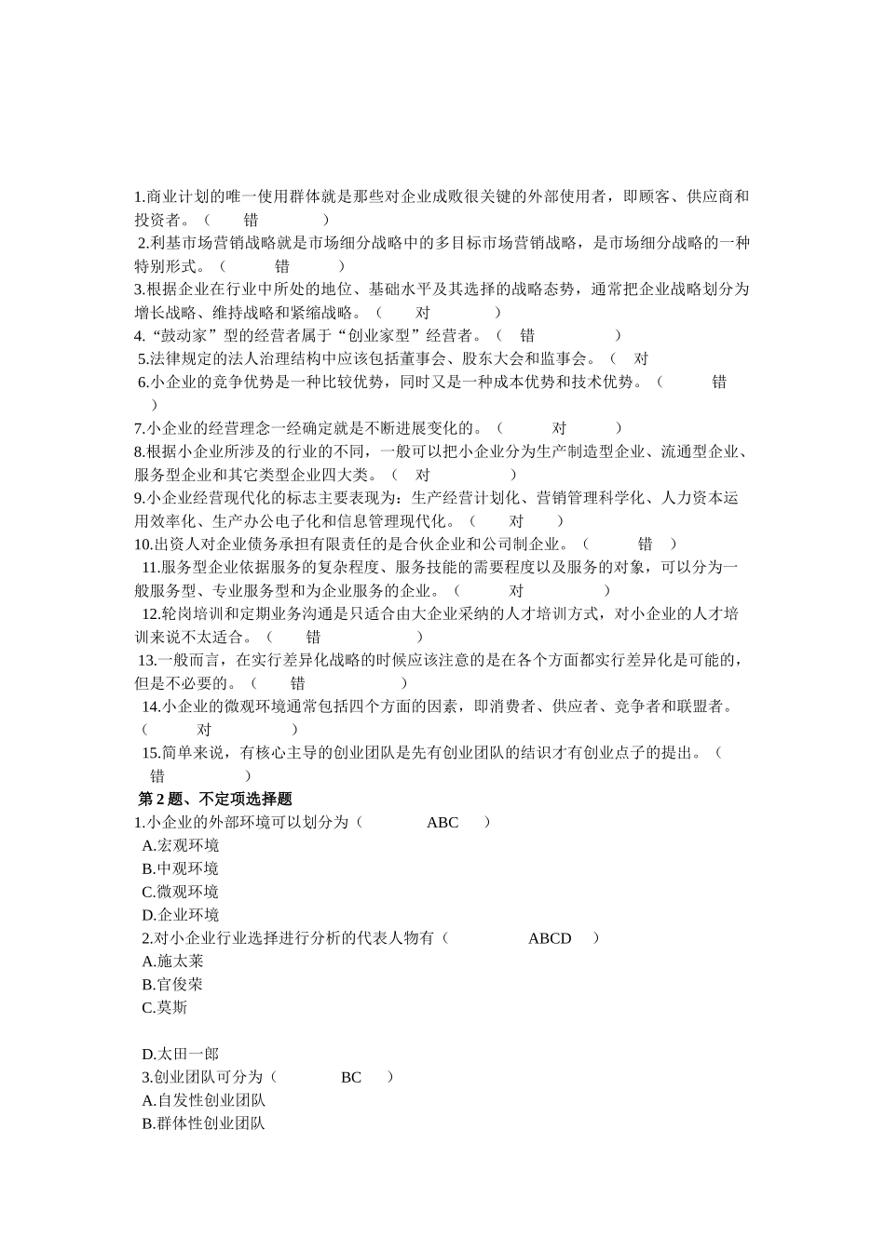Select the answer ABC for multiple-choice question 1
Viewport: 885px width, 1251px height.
(442, 822)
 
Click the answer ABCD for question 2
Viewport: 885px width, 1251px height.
(550, 938)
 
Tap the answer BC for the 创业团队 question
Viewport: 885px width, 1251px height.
(351, 1077)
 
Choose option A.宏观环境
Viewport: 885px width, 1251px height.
(181, 845)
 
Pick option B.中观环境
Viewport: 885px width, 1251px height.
(181, 868)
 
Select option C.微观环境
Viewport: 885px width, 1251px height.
(181, 892)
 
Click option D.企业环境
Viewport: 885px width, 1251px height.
(181, 915)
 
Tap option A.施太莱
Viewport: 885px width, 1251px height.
(173, 961)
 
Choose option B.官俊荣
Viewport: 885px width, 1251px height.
(173, 984)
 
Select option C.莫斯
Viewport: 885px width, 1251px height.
(165, 1007)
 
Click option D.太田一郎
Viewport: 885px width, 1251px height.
(181, 1054)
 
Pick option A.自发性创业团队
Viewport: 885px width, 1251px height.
(204, 1100)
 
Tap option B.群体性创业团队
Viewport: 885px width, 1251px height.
(204, 1123)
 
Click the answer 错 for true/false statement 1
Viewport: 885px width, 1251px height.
(252, 220)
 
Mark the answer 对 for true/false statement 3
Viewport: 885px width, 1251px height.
(422, 313)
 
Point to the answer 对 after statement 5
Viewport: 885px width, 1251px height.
(641, 358)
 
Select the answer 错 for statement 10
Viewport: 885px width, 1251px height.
(645, 544)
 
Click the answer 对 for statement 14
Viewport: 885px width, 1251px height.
(204, 730)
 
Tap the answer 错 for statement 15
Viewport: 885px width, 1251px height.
(157, 775)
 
